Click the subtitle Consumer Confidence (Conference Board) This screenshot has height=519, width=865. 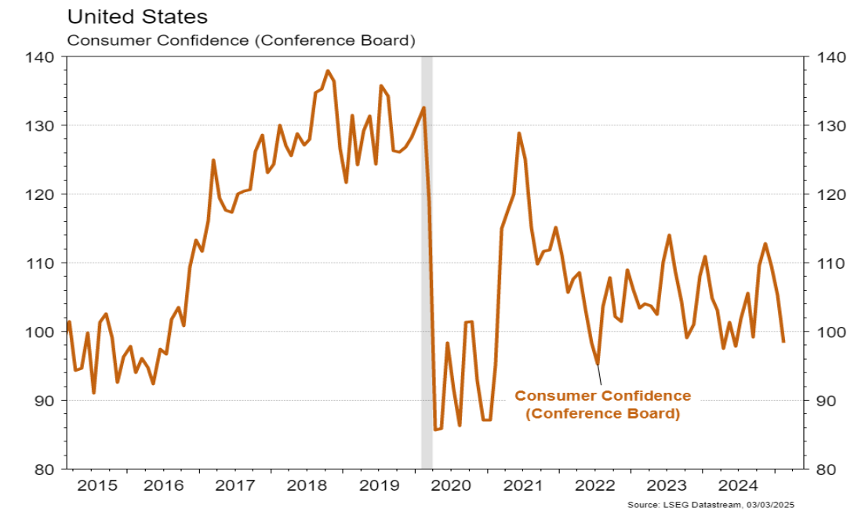[x=242, y=39]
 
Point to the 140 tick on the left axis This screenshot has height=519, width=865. [x=42, y=57]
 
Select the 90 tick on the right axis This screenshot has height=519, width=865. [x=830, y=401]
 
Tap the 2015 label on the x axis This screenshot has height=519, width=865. [x=97, y=486]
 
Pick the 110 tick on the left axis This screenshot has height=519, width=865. [x=42, y=263]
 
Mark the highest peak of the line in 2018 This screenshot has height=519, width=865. [x=327, y=71]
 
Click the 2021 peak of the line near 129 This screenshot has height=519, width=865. [x=519, y=133]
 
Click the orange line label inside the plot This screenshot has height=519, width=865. [x=602, y=405]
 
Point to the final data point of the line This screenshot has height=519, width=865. [x=783, y=341]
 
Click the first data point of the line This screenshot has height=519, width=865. [x=69, y=322]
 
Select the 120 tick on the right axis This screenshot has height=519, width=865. [x=830, y=194]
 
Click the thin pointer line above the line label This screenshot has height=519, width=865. [x=599, y=376]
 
